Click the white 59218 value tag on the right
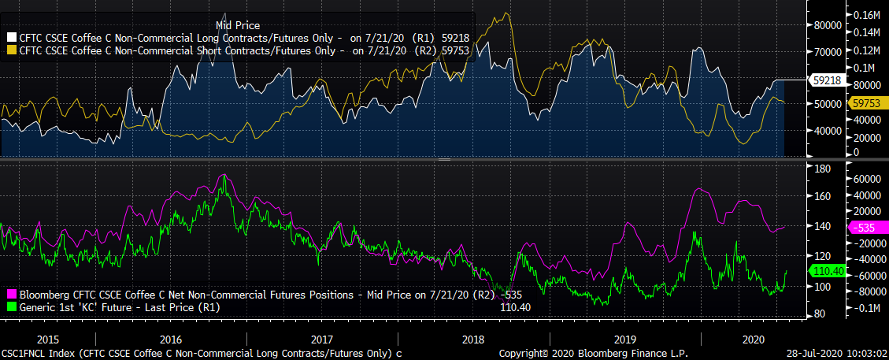click(x=825, y=80)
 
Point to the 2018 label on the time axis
click(x=472, y=339)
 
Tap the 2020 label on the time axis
click(x=752, y=339)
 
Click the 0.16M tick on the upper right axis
click(x=865, y=15)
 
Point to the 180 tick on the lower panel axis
click(x=821, y=169)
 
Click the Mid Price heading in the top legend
click(x=237, y=26)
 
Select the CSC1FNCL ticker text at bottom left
click(x=22, y=353)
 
